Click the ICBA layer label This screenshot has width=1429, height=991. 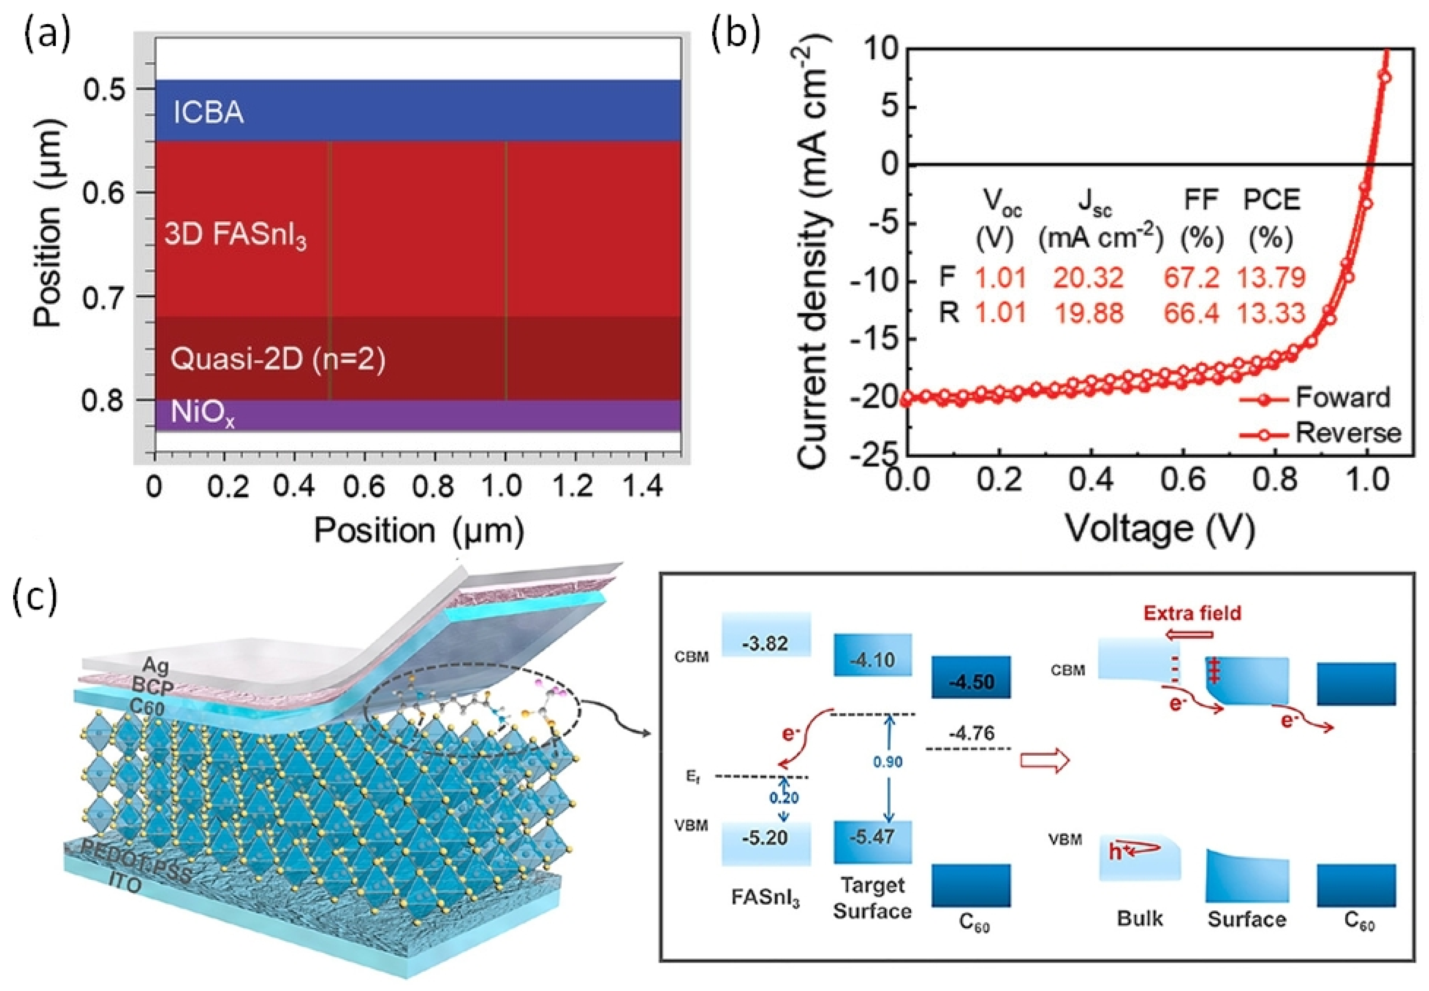tap(208, 113)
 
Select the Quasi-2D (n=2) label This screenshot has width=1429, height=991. tap(278, 359)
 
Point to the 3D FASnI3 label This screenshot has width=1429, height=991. tap(235, 236)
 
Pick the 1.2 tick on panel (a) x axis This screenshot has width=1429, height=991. tap(573, 486)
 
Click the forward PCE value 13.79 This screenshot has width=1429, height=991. tap(1270, 278)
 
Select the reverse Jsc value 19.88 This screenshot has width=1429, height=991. tap(1088, 312)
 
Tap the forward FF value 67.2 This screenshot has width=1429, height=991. tap(1191, 278)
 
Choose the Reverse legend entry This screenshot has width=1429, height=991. tap(1347, 433)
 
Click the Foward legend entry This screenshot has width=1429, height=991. tap(1342, 397)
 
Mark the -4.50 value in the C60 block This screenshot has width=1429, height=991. tap(971, 682)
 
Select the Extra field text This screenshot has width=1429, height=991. tap(1192, 613)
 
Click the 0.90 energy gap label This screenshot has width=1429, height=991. tap(888, 762)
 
